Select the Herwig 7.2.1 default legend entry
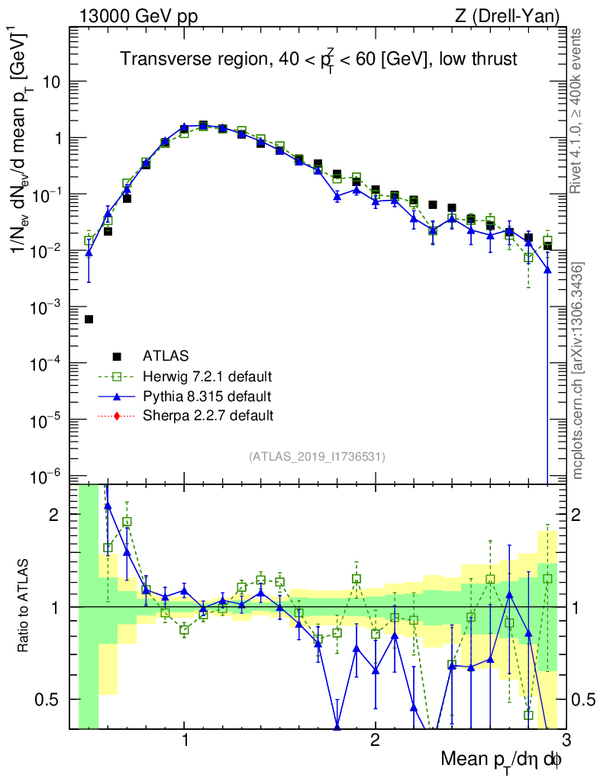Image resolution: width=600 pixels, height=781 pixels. pos(207,376)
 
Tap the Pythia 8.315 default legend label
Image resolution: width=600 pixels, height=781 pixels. pos(206,396)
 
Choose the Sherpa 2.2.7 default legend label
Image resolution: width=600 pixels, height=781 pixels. pos(208,416)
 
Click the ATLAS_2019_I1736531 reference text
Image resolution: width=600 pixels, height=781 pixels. pos(317,457)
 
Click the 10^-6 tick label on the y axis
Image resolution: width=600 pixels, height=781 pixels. pos(50,477)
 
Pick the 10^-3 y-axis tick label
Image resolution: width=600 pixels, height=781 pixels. pos(50,307)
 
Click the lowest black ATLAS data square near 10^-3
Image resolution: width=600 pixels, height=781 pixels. pos(89,320)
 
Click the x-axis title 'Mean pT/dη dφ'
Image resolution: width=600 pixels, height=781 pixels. pos(502,760)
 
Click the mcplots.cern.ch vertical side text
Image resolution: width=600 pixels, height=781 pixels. pos(579,371)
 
